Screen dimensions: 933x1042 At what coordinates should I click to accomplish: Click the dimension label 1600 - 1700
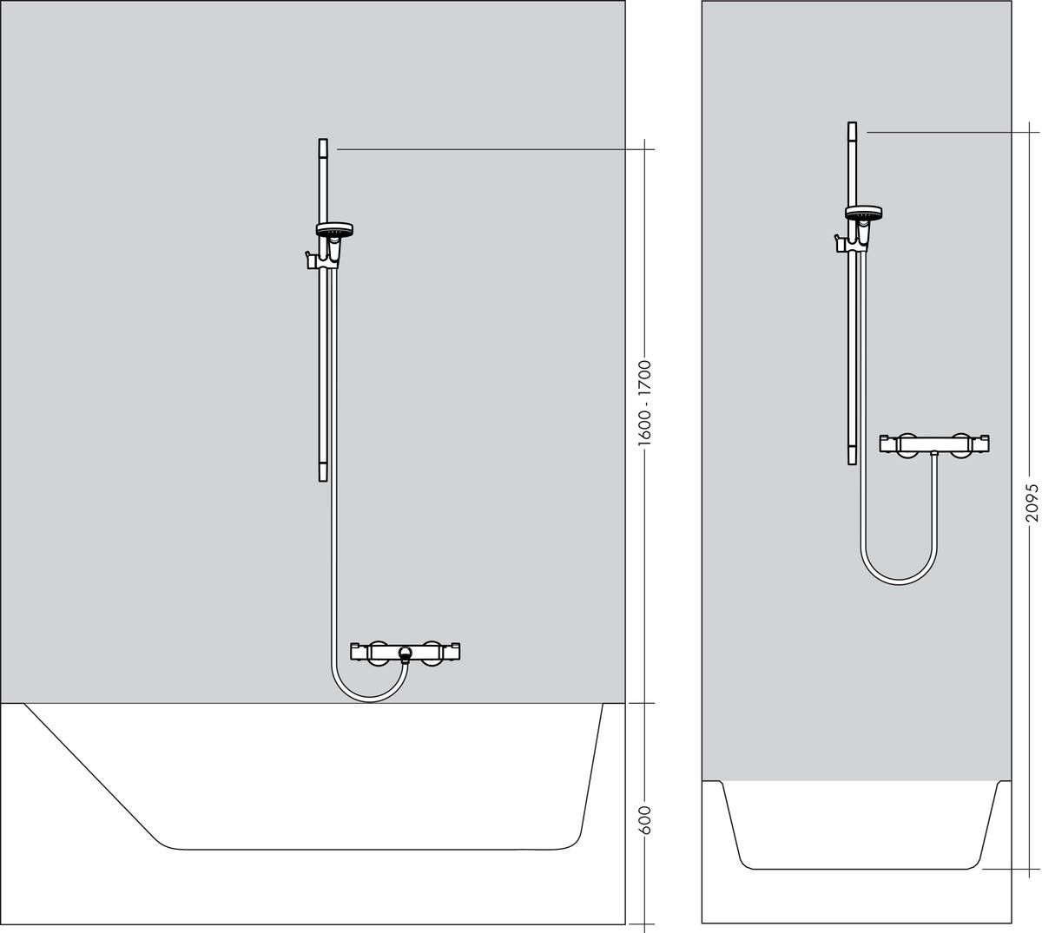coord(644,403)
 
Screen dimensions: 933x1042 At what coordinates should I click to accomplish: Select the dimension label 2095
coord(1031,503)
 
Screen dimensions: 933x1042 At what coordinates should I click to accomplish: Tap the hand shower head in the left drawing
coord(333,231)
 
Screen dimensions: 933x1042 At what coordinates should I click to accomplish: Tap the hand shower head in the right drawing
coord(863,213)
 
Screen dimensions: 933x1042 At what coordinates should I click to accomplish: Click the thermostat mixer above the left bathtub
coord(405,651)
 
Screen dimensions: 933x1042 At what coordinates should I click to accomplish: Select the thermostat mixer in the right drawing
coord(934,444)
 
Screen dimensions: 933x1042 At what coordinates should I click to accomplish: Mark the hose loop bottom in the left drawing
coord(370,700)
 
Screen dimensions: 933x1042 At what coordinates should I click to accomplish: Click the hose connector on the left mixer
coord(405,654)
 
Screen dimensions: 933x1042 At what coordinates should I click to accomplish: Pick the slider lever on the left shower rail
coord(307,258)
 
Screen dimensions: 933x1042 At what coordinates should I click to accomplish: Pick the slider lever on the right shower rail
coord(837,240)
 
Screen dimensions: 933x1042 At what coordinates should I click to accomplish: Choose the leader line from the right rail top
coord(946,132)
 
